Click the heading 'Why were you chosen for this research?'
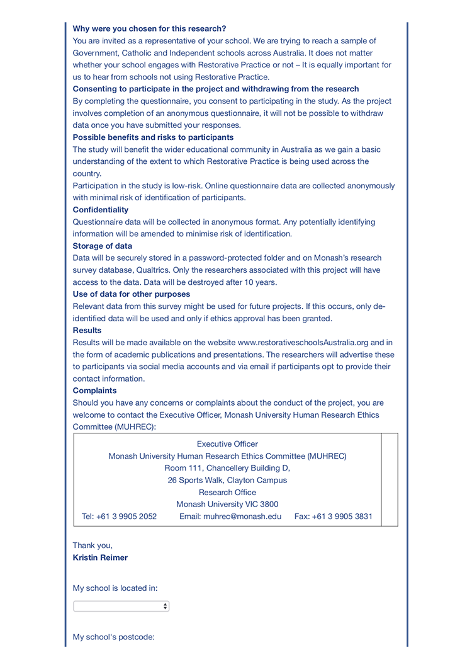(149, 28)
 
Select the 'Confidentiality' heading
(101, 210)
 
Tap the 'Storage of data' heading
(103, 246)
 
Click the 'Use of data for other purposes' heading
(132, 294)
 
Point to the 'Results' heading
(87, 330)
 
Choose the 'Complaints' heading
(94, 391)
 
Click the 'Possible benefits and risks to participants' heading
(153, 137)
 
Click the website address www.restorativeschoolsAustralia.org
(303, 343)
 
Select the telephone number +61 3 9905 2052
(126, 517)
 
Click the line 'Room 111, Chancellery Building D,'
(227, 468)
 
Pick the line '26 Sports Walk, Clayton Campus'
(227, 480)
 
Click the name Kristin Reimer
(100, 557)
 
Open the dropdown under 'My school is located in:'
(121, 606)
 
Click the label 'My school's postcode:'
(113, 637)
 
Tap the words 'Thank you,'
(93, 546)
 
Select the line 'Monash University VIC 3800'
(227, 505)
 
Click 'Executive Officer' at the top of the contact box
(227, 444)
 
